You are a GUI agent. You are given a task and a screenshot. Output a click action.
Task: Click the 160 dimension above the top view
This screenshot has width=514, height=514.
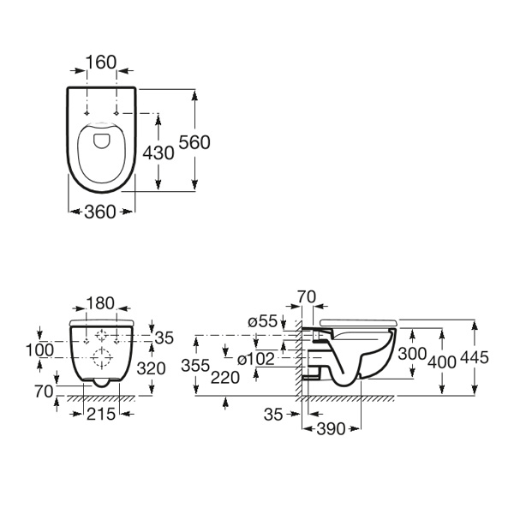coord(101,63)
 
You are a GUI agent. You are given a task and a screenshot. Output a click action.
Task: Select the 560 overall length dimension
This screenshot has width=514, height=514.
coord(194,142)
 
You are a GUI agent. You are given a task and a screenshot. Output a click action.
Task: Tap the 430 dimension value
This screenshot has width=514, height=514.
coord(158,153)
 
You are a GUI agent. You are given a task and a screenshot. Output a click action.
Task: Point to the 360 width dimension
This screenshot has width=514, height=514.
coord(100,212)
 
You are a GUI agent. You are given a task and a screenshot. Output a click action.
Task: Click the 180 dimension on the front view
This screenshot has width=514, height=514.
coord(100,303)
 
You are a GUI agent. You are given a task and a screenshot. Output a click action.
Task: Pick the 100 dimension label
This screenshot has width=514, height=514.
coord(40,350)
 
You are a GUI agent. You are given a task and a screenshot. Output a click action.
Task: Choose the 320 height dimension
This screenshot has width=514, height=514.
coord(151,368)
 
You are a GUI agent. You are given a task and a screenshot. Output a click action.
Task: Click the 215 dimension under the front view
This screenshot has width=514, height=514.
coord(101,414)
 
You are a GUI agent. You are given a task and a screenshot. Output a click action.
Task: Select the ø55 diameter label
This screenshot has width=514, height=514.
coord(263,321)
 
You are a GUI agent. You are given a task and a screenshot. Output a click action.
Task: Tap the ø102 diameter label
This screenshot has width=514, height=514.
coord(255,359)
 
